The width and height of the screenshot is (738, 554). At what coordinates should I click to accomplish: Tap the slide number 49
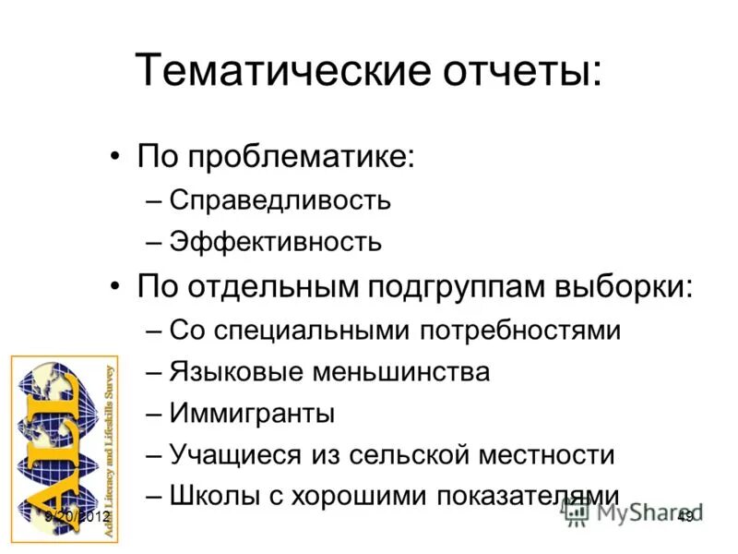pos(685,517)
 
